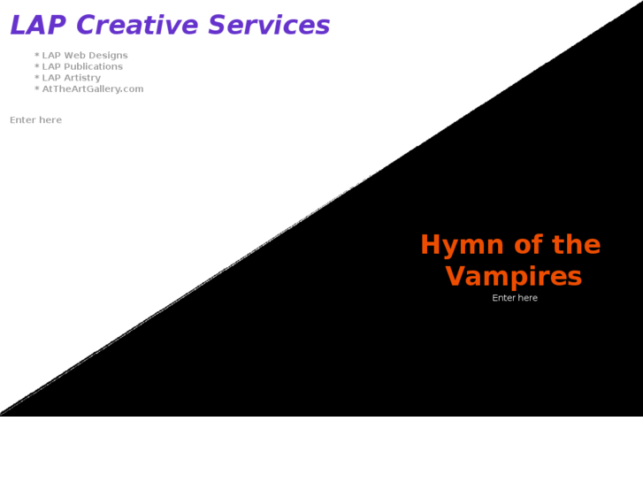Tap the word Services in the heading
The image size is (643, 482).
click(x=269, y=26)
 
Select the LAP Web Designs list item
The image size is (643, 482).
click(x=84, y=56)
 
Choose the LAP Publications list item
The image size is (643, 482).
click(x=82, y=66)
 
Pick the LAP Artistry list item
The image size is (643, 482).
click(x=71, y=78)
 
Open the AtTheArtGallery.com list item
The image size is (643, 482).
click(x=92, y=89)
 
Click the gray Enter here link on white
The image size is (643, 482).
click(x=35, y=120)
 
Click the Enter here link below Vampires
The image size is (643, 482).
click(x=515, y=298)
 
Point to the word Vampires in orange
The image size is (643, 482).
click(x=513, y=277)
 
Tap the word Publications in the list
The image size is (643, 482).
click(x=93, y=66)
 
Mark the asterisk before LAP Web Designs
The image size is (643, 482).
click(x=37, y=56)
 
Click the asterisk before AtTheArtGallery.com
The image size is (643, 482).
click(x=37, y=89)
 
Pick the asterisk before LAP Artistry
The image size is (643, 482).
click(x=37, y=78)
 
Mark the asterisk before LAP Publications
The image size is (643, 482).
click(x=37, y=66)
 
